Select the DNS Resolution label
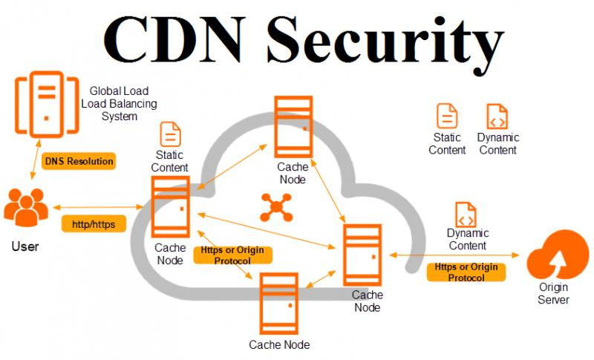coord(79,161)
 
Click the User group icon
coord(25,207)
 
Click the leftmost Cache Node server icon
coord(170,208)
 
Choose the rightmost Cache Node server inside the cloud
coord(362,255)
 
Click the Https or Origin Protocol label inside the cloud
coord(232,255)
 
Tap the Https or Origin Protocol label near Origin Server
coord(466,272)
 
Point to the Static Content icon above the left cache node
coord(170,134)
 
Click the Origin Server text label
coord(554,295)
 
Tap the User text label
coord(25,246)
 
